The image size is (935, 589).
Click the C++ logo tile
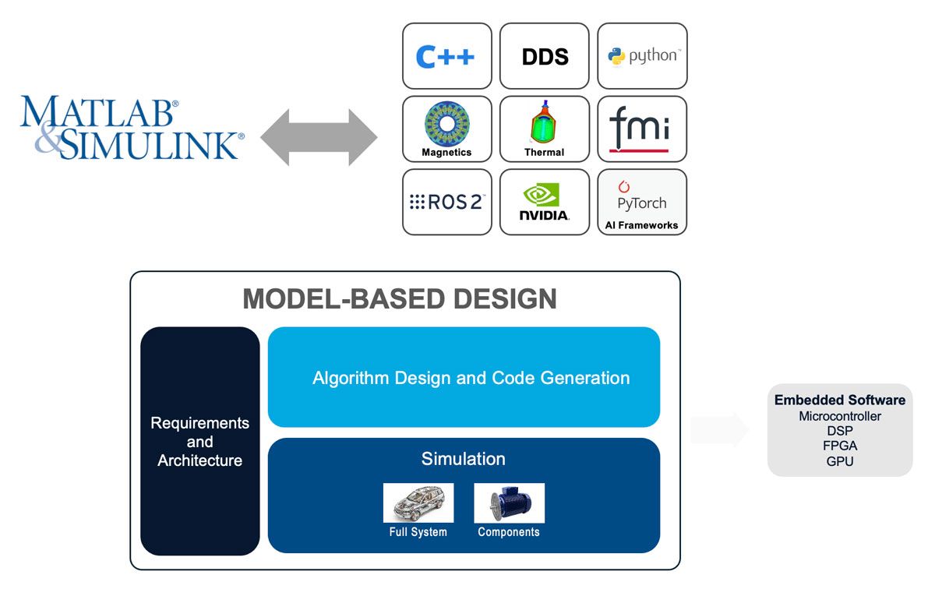click(x=446, y=56)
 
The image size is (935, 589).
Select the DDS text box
click(x=545, y=56)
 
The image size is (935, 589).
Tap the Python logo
click(x=643, y=56)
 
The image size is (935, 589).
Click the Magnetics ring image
click(x=446, y=123)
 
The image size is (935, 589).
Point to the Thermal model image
click(x=544, y=123)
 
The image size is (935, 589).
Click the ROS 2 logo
click(x=446, y=203)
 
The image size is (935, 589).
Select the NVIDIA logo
click(x=544, y=203)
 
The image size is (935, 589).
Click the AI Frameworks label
click(x=641, y=225)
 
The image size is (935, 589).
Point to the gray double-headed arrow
click(x=319, y=137)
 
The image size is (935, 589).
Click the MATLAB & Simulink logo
click(x=131, y=129)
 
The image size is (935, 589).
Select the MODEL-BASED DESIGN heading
click(x=400, y=298)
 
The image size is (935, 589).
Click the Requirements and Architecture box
click(x=199, y=441)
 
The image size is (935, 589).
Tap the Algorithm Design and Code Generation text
click(x=471, y=378)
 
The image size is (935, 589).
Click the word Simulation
click(x=463, y=459)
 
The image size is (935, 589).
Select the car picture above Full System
click(x=418, y=503)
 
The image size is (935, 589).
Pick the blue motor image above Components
click(x=509, y=503)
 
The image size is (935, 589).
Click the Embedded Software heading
click(x=839, y=400)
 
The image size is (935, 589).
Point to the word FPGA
click(x=839, y=446)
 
